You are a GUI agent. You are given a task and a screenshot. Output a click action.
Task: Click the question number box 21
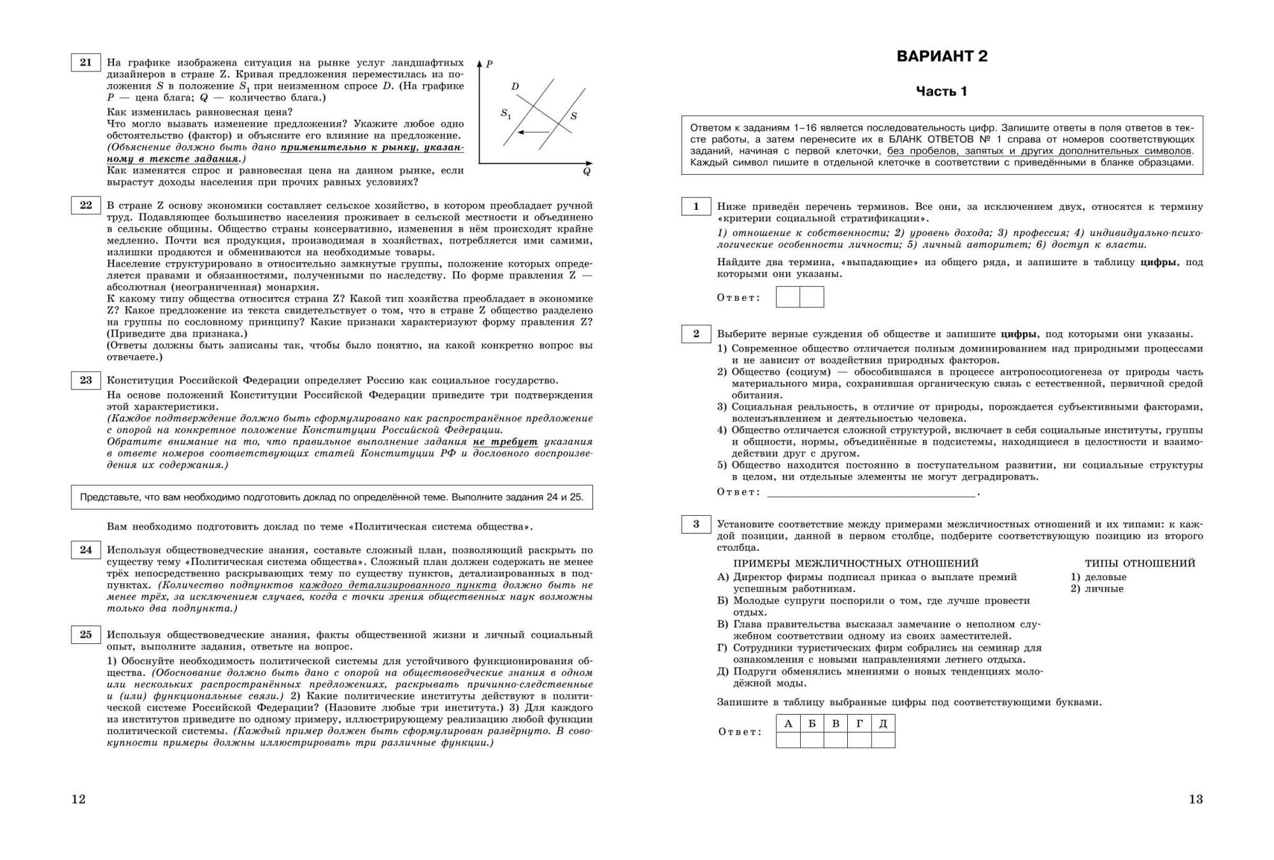coord(85,62)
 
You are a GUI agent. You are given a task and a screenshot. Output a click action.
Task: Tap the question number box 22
coord(85,205)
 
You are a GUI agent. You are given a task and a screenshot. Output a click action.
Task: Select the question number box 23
coord(85,381)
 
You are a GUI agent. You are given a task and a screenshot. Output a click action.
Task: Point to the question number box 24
coord(85,550)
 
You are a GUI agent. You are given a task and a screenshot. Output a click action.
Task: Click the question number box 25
coord(85,635)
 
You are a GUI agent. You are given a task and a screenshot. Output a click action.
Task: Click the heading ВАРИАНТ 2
coord(941,56)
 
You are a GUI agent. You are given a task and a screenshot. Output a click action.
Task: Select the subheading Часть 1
coord(941,91)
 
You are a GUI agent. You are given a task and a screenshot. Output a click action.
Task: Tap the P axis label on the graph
coord(489,64)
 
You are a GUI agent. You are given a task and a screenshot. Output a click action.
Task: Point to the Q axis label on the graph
coord(587,171)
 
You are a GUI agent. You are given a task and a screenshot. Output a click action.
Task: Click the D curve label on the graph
coord(515,87)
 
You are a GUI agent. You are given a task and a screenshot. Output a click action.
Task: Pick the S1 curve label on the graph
coord(506,114)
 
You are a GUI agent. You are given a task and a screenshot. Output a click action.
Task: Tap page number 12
coord(78,799)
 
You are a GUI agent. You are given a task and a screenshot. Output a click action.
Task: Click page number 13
coord(1196,799)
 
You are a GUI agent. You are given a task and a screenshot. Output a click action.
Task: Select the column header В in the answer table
coord(836,723)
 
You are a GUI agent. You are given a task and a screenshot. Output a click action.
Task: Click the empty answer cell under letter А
coord(788,740)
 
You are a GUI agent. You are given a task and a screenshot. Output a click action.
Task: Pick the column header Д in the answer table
coord(883,723)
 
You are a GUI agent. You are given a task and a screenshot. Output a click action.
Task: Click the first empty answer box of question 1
coord(788,297)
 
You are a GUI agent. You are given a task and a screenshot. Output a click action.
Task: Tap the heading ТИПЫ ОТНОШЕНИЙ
coord(1140,564)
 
